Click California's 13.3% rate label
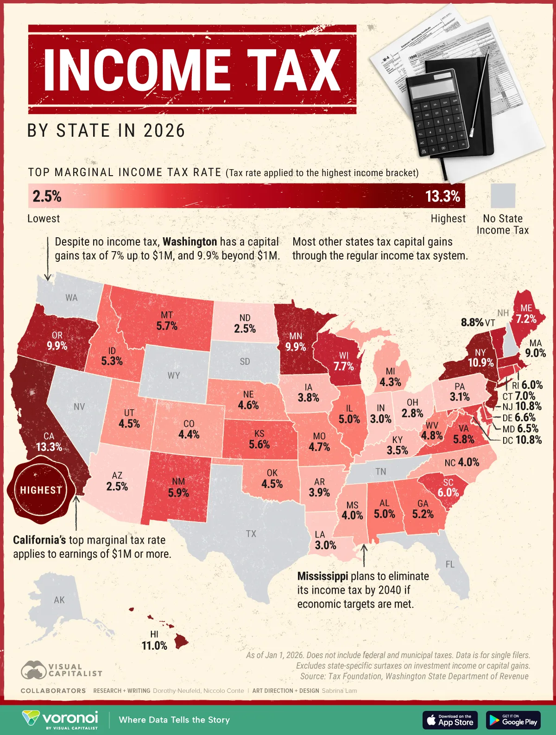(49, 447)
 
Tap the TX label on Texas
(251, 534)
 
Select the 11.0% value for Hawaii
(154, 646)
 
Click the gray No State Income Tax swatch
(503, 196)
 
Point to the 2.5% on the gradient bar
(47, 196)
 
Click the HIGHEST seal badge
(41, 490)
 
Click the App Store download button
(450, 720)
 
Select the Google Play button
(513, 720)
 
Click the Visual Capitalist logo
(61, 670)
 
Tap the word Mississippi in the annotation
(322, 577)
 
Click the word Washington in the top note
(190, 242)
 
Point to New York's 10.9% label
(480, 362)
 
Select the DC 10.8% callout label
(522, 440)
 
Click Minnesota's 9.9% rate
(296, 347)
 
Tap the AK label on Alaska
(59, 600)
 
